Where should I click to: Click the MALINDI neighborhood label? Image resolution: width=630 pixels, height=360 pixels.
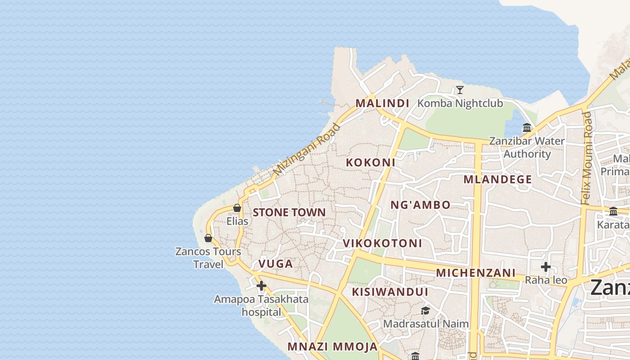click(382, 103)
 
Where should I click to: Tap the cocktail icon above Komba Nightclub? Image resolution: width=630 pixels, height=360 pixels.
click(459, 90)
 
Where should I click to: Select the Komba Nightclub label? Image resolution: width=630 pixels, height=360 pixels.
click(460, 103)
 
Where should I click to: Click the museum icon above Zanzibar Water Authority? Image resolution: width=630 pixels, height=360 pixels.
click(527, 128)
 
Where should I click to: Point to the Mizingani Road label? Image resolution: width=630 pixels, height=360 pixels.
click(307, 149)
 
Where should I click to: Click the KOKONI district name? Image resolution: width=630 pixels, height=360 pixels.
click(370, 162)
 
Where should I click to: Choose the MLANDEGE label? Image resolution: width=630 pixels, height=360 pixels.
click(498, 180)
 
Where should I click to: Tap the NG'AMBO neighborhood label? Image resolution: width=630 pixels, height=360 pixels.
click(420, 205)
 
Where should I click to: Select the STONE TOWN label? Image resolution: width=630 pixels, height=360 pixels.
click(289, 212)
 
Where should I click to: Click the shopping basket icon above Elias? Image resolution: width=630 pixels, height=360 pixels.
click(237, 208)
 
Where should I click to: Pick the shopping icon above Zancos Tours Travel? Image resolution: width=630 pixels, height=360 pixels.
click(208, 238)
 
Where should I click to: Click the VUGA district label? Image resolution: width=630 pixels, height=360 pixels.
click(275, 264)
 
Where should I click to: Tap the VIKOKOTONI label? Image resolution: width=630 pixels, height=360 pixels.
click(382, 243)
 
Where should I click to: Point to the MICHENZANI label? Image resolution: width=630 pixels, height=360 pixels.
click(476, 273)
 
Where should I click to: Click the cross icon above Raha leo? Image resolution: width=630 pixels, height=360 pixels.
click(546, 267)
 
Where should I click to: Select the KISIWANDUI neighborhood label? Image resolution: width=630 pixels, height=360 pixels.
click(390, 292)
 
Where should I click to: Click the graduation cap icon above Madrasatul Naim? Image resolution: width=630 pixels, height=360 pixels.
click(425, 310)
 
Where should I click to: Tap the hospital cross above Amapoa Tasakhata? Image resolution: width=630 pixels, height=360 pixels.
click(261, 286)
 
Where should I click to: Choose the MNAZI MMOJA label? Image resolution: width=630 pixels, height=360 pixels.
click(333, 346)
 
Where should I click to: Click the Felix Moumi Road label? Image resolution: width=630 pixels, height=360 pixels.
click(586, 158)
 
